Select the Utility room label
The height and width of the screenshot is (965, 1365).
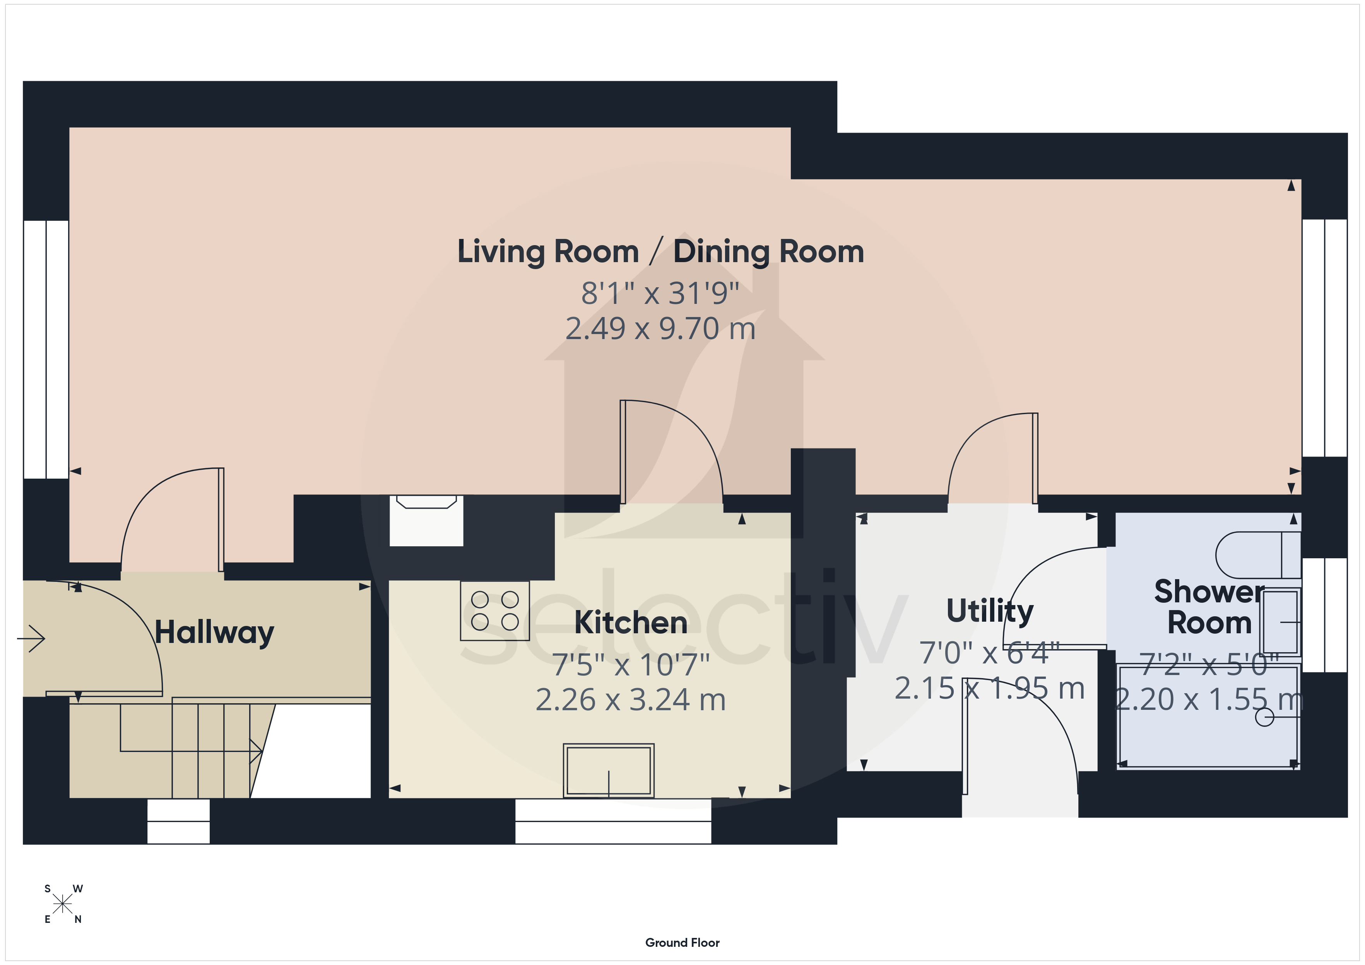click(990, 612)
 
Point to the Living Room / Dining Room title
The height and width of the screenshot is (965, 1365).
click(660, 251)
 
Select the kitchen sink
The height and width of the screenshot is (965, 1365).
click(609, 770)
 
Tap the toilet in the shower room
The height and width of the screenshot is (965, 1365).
click(1258, 555)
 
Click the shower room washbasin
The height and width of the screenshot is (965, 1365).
click(1281, 622)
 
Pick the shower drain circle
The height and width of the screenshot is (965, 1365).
click(1264, 718)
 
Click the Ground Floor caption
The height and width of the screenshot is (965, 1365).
click(682, 943)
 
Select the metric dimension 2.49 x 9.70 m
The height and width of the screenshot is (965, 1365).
click(660, 329)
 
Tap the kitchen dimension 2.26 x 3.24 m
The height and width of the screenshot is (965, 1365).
click(631, 699)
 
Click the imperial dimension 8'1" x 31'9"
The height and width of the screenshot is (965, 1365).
click(660, 293)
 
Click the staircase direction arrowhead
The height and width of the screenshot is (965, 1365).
click(256, 751)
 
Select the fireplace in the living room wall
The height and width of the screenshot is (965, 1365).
click(426, 520)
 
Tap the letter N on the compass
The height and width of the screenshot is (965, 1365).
click(78, 919)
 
